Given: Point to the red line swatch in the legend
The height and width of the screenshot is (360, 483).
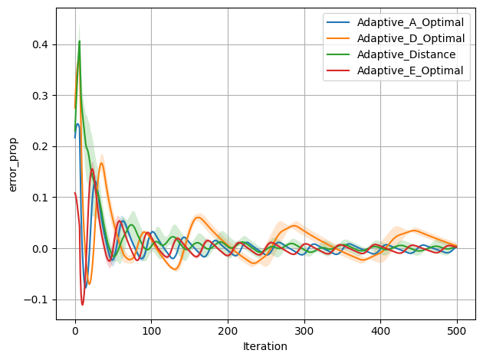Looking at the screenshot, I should point(337,70).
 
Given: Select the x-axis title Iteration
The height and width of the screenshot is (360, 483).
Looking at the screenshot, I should point(264,346).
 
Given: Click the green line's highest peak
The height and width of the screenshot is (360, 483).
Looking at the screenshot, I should point(79,41).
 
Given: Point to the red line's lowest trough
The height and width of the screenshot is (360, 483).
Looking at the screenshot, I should point(83,305).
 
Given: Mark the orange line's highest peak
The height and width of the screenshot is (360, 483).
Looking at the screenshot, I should point(78,61).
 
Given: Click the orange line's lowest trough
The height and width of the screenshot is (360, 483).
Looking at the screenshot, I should point(89,284).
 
